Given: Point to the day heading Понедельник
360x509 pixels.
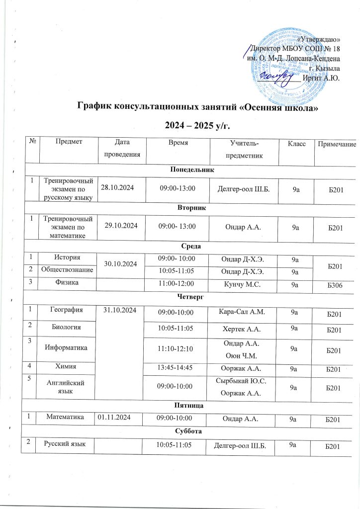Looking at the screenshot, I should (190, 170).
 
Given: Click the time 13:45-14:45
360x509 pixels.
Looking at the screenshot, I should (175, 369).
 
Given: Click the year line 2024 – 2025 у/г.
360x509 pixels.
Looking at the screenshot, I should (197, 123).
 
